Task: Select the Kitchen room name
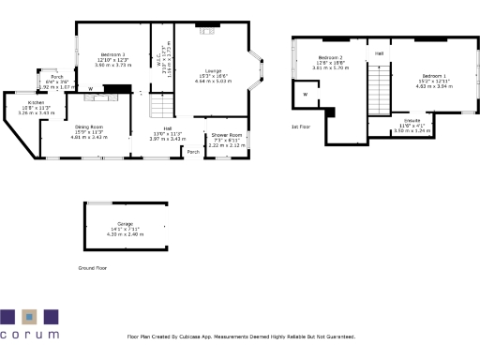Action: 36,102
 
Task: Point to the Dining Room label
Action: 89,127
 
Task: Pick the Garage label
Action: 125,221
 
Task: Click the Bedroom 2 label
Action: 328,58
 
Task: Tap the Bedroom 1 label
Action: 434,75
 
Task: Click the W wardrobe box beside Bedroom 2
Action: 305,95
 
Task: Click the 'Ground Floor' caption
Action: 93,267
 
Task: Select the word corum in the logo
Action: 29,334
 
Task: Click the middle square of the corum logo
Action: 29,316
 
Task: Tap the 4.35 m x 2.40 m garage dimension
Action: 125,233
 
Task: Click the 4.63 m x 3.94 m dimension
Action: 434,86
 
